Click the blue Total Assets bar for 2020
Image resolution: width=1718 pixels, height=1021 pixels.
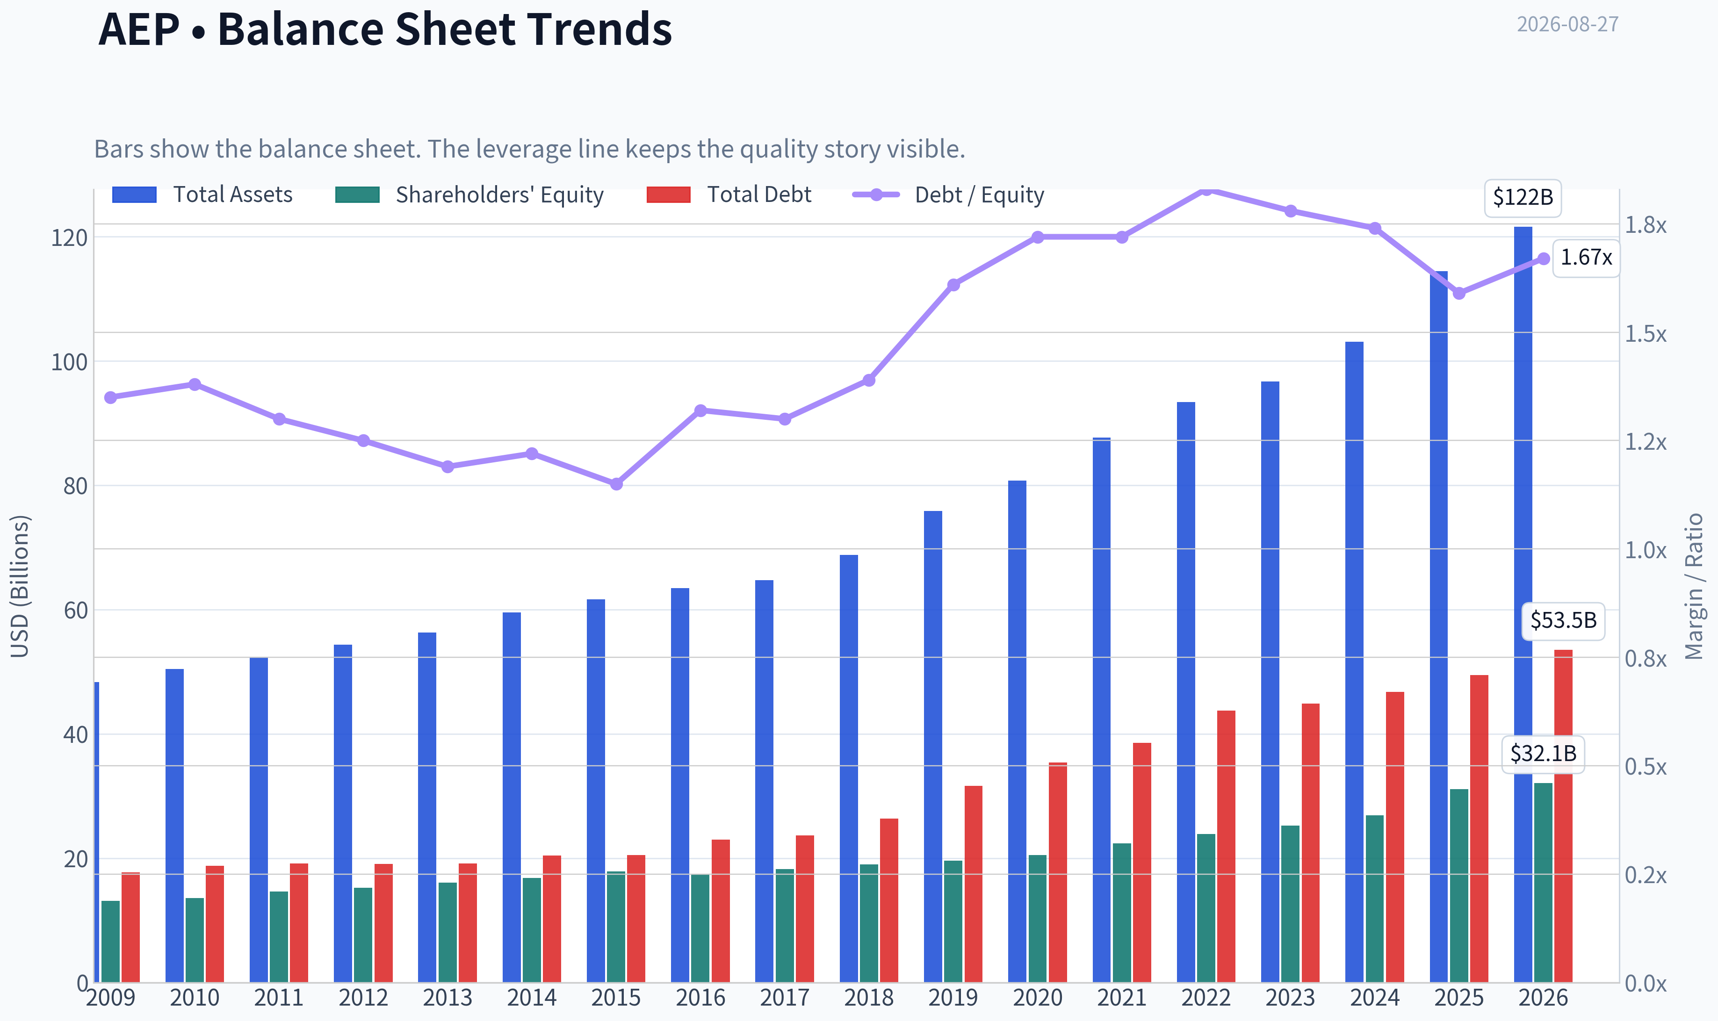[1017, 731]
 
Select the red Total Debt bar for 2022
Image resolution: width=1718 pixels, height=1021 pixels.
[1226, 846]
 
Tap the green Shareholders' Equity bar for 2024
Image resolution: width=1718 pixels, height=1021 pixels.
[1375, 899]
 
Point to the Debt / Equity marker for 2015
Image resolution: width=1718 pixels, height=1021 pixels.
[616, 484]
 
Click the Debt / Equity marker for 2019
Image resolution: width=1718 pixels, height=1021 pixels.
[953, 285]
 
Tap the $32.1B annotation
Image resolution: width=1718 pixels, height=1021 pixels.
[1543, 754]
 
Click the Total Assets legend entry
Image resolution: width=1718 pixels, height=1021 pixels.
[202, 194]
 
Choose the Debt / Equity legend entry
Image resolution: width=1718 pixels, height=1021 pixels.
[948, 194]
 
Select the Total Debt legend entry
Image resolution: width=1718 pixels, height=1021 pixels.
[729, 194]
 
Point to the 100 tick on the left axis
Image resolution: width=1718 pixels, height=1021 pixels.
[70, 362]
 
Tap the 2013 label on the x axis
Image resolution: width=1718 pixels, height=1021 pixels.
[447, 998]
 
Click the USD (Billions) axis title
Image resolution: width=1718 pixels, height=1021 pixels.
[20, 586]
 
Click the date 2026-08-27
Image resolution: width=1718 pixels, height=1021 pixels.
[1567, 25]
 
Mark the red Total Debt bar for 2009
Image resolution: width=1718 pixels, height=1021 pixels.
[131, 928]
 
